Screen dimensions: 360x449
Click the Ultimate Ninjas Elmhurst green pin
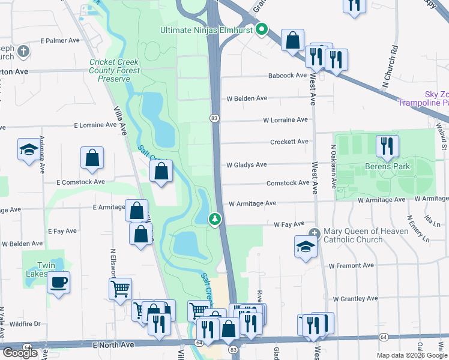coord(261,29)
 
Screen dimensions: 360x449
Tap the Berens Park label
coord(387,166)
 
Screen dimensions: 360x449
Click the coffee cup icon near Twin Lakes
coord(59,282)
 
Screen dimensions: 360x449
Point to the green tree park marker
coord(214,220)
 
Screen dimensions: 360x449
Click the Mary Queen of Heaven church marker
coord(313,233)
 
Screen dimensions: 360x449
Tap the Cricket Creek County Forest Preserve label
coord(114,71)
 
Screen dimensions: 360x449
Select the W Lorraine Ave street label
coord(285,120)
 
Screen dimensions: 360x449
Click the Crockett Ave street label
coord(289,142)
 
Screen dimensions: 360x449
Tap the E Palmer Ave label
coord(60,41)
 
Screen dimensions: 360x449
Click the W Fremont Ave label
coord(351,265)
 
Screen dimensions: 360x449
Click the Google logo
coord(20,353)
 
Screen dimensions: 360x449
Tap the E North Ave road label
coord(113,345)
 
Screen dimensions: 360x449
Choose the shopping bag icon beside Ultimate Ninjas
coord(292,41)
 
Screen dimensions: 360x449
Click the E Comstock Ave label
coord(81,181)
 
